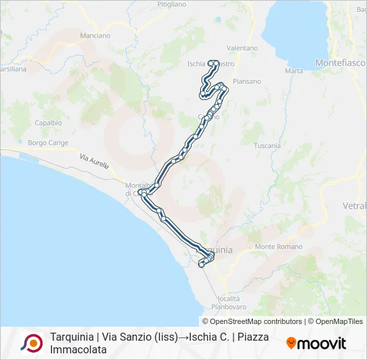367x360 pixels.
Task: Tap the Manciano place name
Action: (x=95, y=35)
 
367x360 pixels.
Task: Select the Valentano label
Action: (x=242, y=48)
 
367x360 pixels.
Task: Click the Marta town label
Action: (x=294, y=71)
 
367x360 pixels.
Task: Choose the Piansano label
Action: (x=248, y=81)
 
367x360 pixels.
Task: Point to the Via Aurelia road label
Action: (x=93, y=161)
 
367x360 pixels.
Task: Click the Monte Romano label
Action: (x=274, y=247)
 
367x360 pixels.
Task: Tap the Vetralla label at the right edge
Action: (x=354, y=206)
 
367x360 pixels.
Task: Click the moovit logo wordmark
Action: (x=316, y=343)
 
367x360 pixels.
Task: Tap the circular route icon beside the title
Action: (x=31, y=343)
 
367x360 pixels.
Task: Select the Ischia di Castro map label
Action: (x=208, y=64)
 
